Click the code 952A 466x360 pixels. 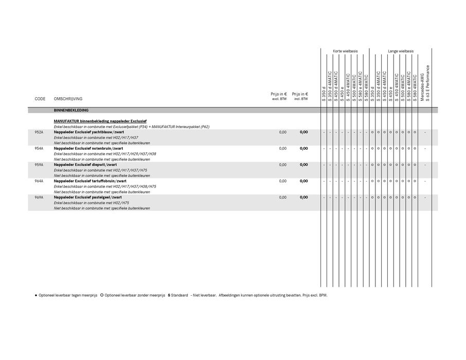pos(39,132)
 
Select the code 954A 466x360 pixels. pos(39,149)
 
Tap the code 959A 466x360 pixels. pos(39,165)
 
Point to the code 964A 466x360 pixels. pos(39,181)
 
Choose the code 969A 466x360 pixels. pos(39,197)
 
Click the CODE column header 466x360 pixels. pos(40,99)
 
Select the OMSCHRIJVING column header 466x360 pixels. pos(68,99)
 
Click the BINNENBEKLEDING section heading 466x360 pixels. pos(71,111)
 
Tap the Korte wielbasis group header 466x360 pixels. pos(345,51)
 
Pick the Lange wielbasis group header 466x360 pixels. pos(401,51)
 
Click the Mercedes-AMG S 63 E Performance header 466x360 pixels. pos(424,82)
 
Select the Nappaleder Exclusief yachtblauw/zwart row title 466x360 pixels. pos(85,132)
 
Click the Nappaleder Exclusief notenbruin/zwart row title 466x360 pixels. pos(88,149)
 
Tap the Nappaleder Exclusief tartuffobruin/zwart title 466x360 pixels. pos(90,181)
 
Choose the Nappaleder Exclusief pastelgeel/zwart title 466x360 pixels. pos(87,197)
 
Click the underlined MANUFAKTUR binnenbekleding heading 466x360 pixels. pos(100,121)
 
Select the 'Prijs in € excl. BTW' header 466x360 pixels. pos(279,96)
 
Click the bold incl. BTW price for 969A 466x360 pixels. pos(304,197)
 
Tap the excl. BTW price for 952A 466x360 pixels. pos(283,132)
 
